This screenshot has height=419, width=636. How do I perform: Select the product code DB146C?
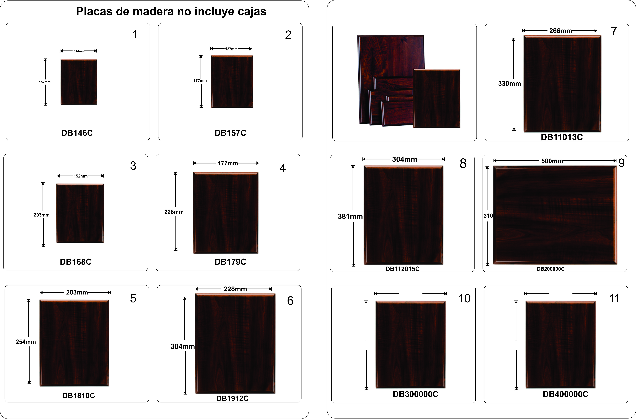click(x=77, y=133)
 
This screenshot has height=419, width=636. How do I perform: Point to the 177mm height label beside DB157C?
click(x=200, y=80)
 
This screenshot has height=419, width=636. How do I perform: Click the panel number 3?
click(x=133, y=166)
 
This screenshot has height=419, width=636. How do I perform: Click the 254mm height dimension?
click(x=26, y=342)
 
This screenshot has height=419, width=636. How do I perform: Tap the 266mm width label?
click(x=561, y=31)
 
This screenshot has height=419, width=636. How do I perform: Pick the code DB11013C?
click(x=562, y=137)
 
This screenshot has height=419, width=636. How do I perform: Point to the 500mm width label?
click(x=552, y=161)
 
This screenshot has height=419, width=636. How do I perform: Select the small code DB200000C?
click(x=551, y=269)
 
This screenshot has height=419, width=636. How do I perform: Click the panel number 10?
click(x=464, y=299)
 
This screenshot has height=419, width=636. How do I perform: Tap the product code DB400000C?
click(x=565, y=394)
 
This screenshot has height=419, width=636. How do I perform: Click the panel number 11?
click(x=614, y=299)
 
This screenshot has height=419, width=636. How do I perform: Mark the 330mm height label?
click(x=509, y=84)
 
